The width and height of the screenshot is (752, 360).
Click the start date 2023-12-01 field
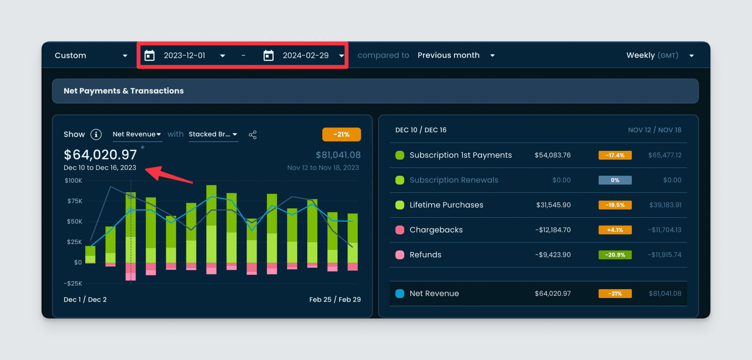[184, 55]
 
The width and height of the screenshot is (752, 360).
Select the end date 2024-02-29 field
[305, 55]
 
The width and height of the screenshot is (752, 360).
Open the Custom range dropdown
[91, 55]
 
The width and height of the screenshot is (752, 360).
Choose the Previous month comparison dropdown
[456, 55]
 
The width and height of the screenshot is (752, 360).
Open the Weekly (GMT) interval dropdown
[659, 55]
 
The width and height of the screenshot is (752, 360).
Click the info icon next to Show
[96, 135]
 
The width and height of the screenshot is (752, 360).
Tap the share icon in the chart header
[253, 135]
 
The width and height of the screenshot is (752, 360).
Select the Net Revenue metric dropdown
[137, 134]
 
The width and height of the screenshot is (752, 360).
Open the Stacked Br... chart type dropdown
[213, 134]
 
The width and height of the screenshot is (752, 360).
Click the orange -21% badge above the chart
[341, 134]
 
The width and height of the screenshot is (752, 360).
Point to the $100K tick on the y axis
[73, 181]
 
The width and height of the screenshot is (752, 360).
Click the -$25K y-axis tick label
[73, 283]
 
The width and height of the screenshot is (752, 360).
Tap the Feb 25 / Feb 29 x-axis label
[335, 299]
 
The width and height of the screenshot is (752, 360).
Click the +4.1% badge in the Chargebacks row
[615, 230]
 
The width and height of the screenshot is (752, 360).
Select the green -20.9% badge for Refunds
[615, 255]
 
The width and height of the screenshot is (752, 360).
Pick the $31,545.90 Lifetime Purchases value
[553, 205]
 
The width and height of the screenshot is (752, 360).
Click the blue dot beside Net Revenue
[400, 294]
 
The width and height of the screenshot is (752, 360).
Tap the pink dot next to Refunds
[400, 255]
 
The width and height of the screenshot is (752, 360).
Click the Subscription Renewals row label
[453, 180]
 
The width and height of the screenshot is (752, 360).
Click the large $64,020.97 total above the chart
[100, 155]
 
